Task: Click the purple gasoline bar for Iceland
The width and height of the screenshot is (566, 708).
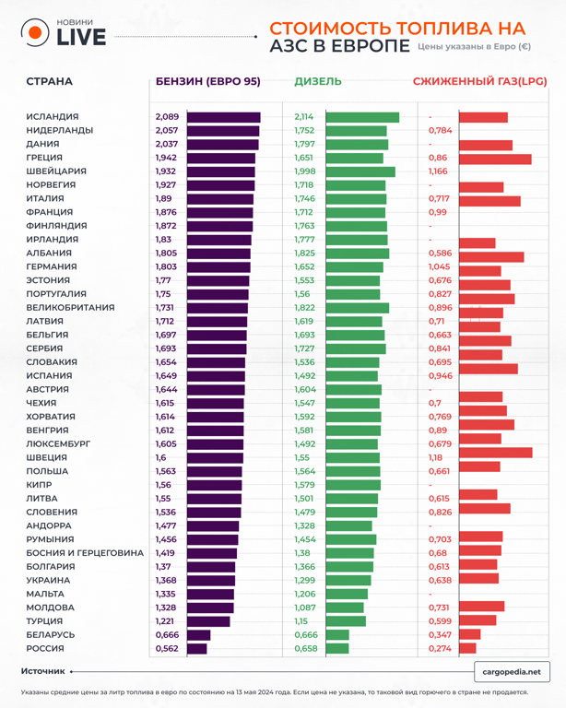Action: (223, 117)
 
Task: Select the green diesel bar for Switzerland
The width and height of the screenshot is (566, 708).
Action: (360, 171)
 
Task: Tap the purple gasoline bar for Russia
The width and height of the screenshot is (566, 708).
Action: (197, 649)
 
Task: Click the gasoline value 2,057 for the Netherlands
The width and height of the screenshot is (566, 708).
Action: (167, 131)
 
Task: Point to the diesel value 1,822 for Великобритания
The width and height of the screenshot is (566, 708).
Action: (304, 308)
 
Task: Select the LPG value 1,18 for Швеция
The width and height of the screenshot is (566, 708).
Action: (436, 457)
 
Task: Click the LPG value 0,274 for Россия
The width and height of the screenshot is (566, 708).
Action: (440, 649)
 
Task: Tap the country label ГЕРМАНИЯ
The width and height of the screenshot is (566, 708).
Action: (52, 266)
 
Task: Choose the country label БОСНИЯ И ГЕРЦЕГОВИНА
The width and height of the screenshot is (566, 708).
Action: (85, 553)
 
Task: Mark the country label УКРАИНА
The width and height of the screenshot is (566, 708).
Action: (48, 581)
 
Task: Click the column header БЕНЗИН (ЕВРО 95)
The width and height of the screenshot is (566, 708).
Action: (207, 82)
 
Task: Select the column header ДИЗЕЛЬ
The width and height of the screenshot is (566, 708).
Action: (318, 82)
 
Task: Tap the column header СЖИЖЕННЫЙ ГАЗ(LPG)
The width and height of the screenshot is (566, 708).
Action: (479, 82)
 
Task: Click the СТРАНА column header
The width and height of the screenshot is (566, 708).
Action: (49, 82)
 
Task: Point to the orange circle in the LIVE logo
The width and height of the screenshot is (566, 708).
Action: (35, 33)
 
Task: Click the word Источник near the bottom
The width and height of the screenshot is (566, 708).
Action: (43, 672)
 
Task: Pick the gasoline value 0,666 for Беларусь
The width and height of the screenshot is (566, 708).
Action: (167, 635)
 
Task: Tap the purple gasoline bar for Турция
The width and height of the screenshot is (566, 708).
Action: (208, 621)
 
